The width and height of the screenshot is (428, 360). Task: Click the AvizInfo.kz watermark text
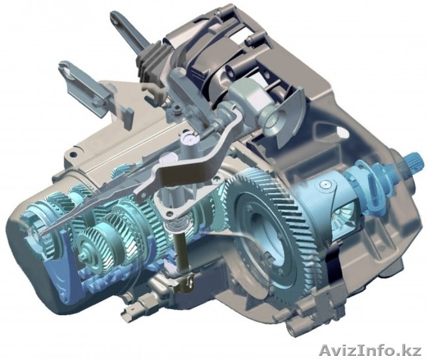370,350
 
